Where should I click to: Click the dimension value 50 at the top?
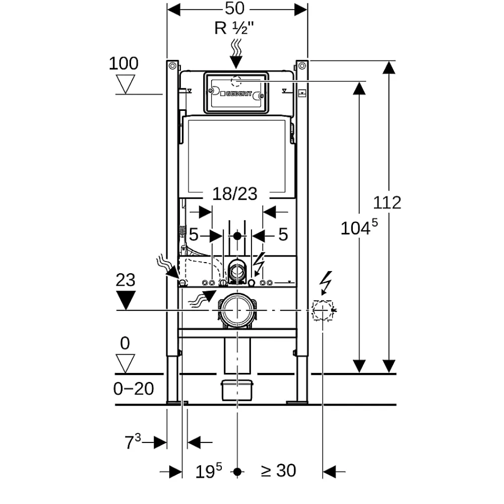[x=234, y=9]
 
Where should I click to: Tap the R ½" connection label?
[x=234, y=28]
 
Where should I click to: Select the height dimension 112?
[x=387, y=203]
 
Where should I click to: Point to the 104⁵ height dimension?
[x=359, y=227]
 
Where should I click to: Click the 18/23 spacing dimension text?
[x=235, y=194]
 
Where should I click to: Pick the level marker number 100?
[x=123, y=64]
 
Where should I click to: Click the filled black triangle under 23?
[x=125, y=300]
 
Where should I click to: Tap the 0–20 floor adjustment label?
[x=134, y=389]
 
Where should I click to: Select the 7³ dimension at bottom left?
[x=133, y=442]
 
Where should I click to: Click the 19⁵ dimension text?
[x=209, y=471]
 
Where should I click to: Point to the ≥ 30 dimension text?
[x=278, y=471]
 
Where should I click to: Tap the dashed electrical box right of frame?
[x=323, y=310]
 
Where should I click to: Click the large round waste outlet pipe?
[x=237, y=310]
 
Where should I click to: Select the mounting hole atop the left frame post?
[x=172, y=66]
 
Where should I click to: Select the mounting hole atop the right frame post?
[x=302, y=66]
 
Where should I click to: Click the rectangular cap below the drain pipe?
[x=237, y=390]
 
